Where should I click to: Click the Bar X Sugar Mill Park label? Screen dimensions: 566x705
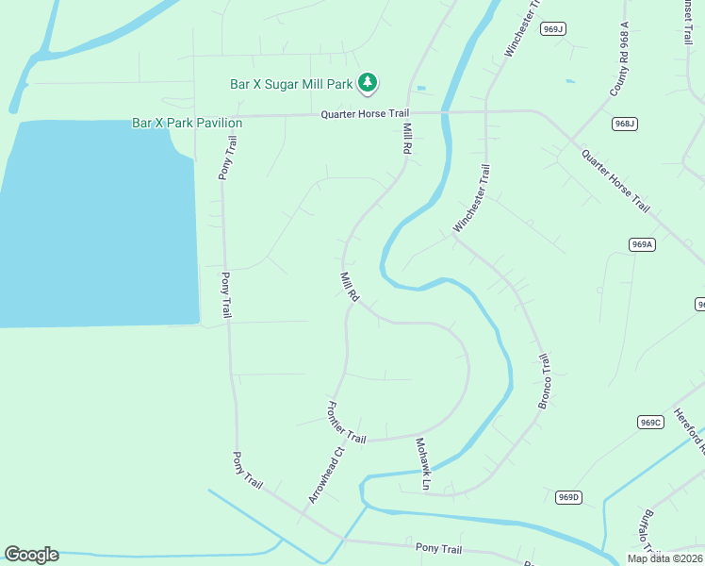291,84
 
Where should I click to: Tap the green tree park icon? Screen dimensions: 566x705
368,84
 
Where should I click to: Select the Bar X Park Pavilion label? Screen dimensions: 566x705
187,124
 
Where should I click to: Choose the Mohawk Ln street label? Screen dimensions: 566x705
421,463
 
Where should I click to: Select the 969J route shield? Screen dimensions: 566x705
553,29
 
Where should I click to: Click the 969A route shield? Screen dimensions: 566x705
642,244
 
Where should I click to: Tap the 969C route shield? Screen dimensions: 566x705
650,422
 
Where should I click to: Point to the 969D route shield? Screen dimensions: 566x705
568,497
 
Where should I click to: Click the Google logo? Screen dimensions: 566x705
31,555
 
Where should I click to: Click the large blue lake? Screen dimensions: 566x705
94,226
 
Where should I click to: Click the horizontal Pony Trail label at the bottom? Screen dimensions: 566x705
438,548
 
